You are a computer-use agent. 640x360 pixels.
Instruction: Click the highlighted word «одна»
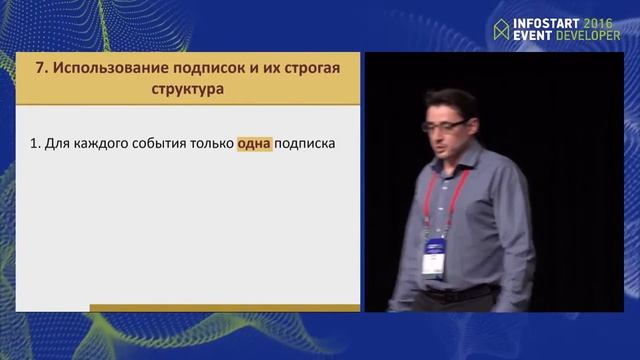[x=254, y=144]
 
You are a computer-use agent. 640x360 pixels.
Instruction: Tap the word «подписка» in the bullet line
[x=304, y=144]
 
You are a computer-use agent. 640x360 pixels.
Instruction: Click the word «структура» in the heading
[x=183, y=89]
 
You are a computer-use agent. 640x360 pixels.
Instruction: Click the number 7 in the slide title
[x=39, y=70]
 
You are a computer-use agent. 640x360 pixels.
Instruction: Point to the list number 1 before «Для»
[x=34, y=144]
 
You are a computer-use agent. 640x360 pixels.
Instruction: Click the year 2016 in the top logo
[x=598, y=20]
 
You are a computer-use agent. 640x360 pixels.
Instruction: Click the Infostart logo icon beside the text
[x=501, y=27]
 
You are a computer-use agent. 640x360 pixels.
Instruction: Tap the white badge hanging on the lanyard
[x=433, y=258]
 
